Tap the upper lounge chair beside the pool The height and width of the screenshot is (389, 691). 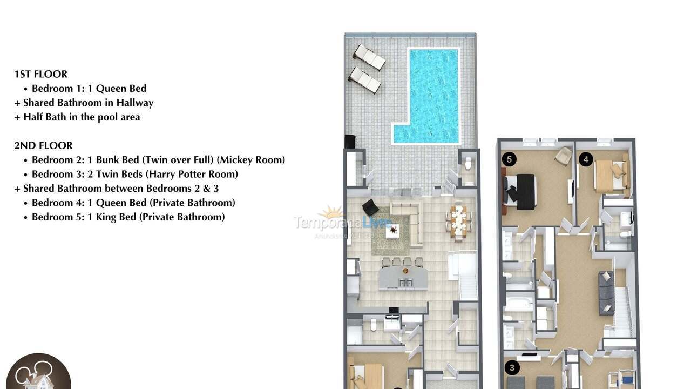click(x=369, y=57)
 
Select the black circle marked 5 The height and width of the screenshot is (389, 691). click(x=509, y=159)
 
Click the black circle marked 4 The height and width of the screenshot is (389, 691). click(x=586, y=159)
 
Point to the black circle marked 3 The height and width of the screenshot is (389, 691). click(x=512, y=368)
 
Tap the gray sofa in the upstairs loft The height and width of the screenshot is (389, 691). click(x=606, y=292)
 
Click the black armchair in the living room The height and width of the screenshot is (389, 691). click(x=370, y=207)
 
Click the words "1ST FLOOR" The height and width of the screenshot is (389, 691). click(x=41, y=74)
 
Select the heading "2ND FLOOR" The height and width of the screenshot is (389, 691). click(x=43, y=145)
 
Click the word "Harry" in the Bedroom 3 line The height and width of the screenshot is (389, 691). click(x=162, y=174)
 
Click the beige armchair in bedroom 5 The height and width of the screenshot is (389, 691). click(x=563, y=156)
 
